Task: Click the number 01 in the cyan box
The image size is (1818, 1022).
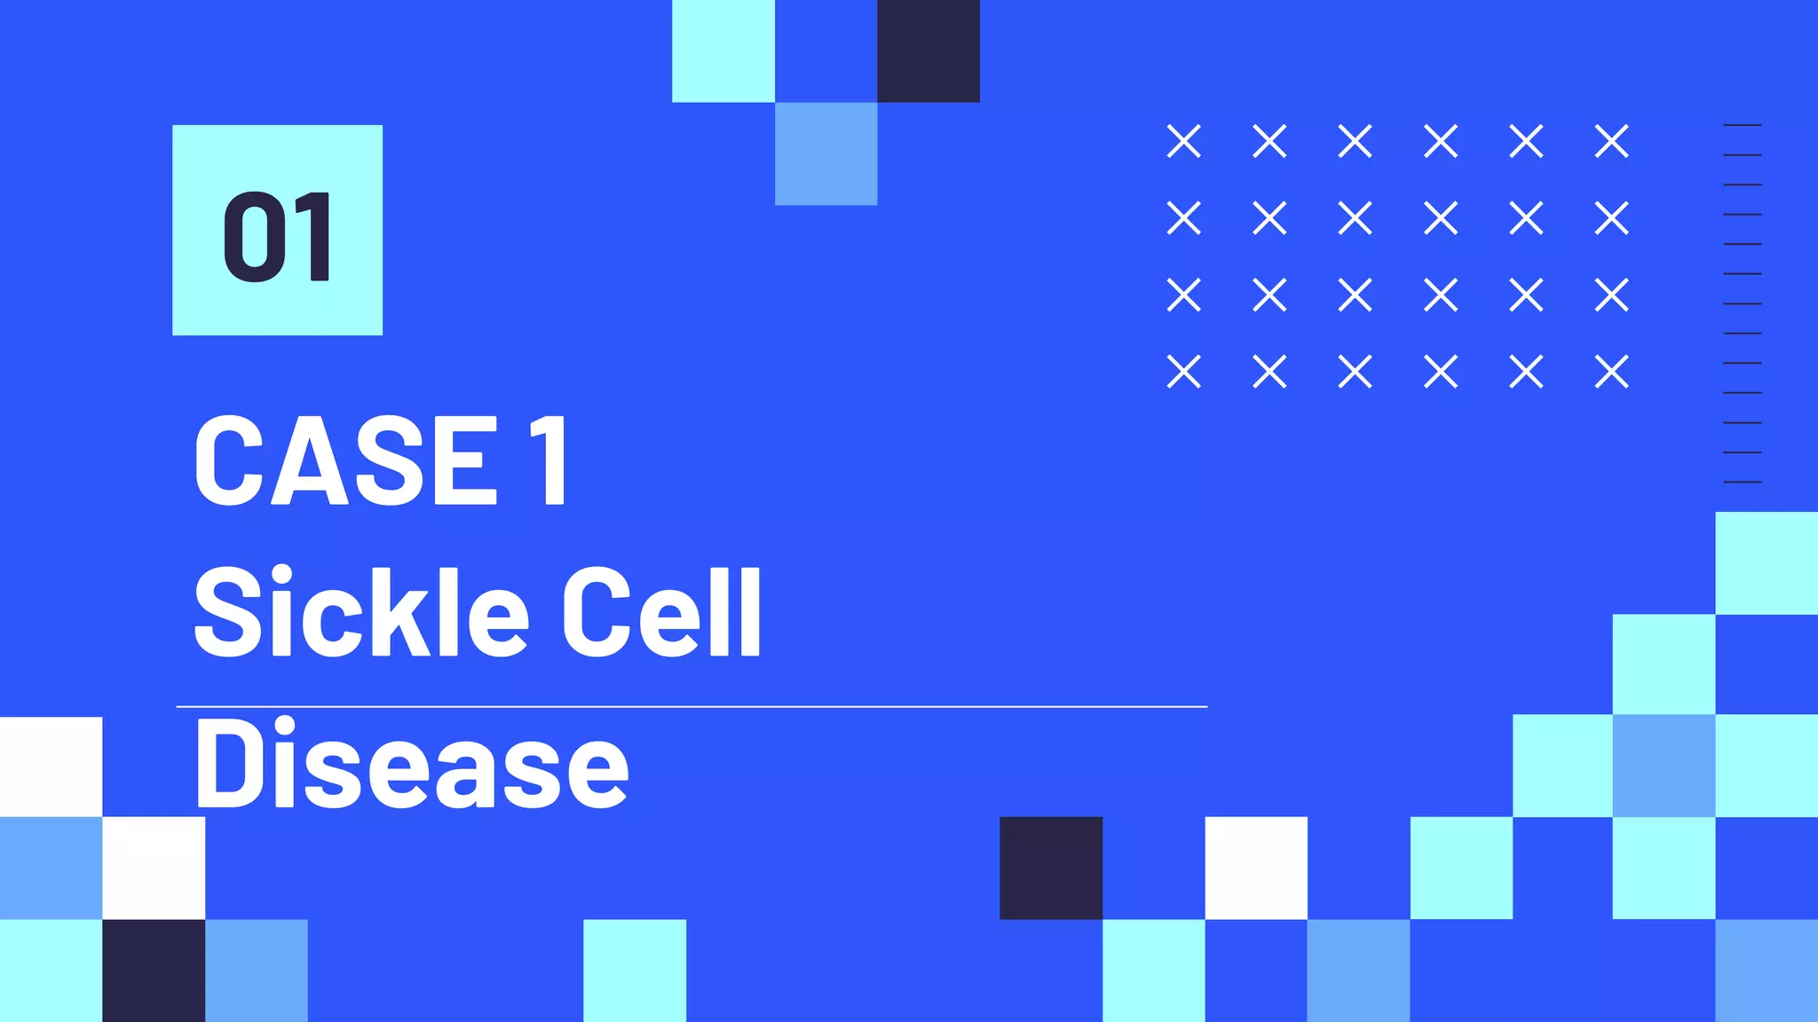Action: tap(277, 237)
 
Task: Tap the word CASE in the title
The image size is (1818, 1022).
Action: tap(345, 460)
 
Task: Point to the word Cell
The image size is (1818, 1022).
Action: tap(661, 612)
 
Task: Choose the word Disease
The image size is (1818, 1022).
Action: tap(411, 764)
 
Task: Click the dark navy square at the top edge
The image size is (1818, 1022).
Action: tap(929, 51)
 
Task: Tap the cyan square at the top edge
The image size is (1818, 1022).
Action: tap(723, 51)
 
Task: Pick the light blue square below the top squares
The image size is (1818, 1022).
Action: tap(826, 153)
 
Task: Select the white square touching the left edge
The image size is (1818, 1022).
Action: tap(51, 766)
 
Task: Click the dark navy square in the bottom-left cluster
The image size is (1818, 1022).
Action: tap(154, 971)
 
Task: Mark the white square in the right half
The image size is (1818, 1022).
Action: tap(1256, 868)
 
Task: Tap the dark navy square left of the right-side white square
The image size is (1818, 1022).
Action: tap(1051, 868)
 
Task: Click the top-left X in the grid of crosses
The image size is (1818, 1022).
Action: tap(1184, 141)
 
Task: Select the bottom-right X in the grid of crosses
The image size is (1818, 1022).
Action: tap(1611, 372)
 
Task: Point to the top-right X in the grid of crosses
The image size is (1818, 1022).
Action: tap(1611, 141)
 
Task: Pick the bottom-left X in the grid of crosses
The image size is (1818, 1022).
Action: tap(1184, 372)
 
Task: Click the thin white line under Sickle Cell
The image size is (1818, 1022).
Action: tap(692, 707)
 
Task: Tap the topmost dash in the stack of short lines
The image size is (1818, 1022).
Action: tap(1742, 125)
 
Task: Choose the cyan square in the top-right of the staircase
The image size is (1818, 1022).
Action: tap(1767, 562)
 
